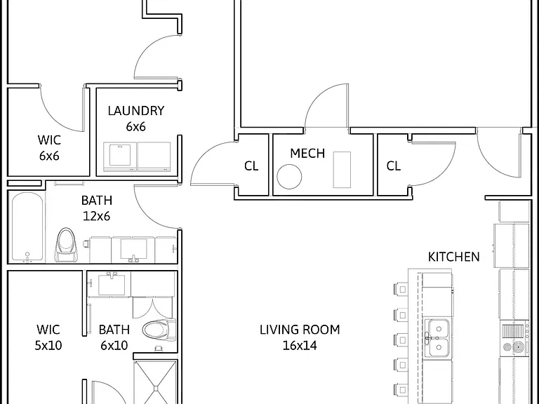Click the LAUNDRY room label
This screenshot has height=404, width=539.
click(x=136, y=111)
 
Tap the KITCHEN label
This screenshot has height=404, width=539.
click(x=454, y=257)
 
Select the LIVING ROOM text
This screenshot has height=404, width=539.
click(x=300, y=330)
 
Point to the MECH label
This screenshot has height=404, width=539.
click(x=307, y=153)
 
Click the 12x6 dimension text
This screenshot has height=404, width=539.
click(x=97, y=216)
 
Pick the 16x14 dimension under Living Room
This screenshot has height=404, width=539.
click(x=300, y=346)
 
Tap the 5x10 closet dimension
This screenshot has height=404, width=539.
click(x=48, y=346)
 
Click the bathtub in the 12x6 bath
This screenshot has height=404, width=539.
click(x=27, y=227)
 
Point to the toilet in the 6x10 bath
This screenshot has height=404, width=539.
click(x=159, y=330)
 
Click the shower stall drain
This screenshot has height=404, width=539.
click(x=156, y=389)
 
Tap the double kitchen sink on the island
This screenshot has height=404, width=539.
click(x=437, y=338)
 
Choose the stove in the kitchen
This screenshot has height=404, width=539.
click(x=514, y=338)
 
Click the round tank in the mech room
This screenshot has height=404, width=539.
click(x=289, y=177)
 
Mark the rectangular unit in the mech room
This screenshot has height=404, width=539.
click(x=342, y=170)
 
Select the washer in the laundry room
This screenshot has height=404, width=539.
click(x=120, y=156)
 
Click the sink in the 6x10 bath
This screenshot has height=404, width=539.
click(x=112, y=284)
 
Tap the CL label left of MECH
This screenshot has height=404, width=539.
click(x=251, y=166)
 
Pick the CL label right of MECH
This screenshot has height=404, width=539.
click(x=393, y=166)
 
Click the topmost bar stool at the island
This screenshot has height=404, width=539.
click(x=401, y=289)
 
